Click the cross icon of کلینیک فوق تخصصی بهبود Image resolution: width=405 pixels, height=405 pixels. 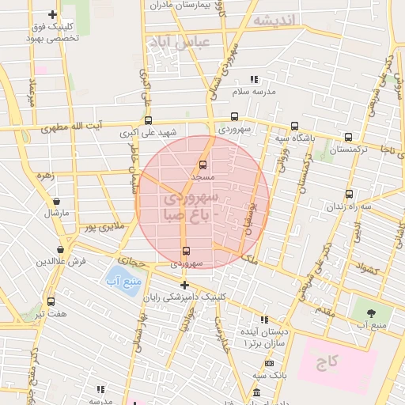point(52,14)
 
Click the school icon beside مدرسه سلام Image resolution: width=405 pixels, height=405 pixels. point(254,79)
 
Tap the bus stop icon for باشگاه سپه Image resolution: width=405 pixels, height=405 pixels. point(295,126)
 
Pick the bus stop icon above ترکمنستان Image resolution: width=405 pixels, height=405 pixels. point(348,136)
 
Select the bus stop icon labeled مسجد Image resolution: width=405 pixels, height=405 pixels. point(202,165)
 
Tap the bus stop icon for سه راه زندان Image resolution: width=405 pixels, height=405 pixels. point(349,194)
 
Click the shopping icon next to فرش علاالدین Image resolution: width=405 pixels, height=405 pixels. point(61,249)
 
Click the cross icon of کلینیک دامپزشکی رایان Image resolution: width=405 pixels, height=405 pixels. point(185,285)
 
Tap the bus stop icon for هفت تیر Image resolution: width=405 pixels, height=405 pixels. point(51,301)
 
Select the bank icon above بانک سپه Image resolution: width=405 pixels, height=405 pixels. point(270,363)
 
